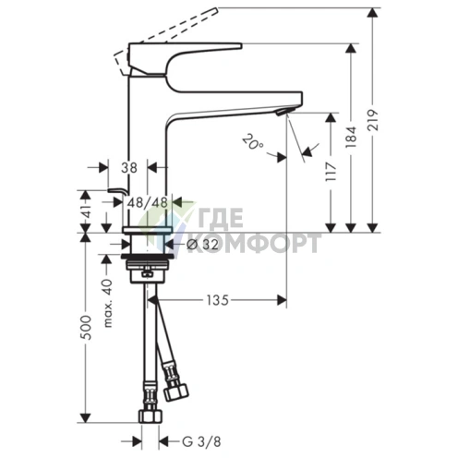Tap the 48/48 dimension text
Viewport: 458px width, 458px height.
(147, 203)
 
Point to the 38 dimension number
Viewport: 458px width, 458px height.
(129, 168)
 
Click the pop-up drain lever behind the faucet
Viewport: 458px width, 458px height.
(114, 190)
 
